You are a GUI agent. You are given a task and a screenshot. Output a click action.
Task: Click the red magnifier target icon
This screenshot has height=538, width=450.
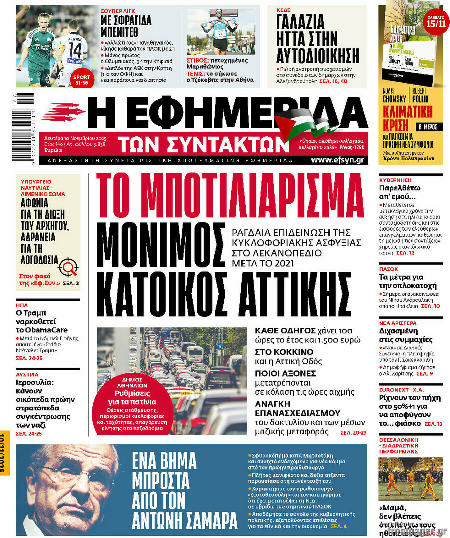pyautogui.click(x=68, y=268)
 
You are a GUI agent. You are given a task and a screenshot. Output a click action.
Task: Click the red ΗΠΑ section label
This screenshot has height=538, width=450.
pyautogui.click(x=22, y=305)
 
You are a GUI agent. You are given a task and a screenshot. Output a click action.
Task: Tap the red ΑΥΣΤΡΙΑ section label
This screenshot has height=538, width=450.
pyautogui.click(x=27, y=374)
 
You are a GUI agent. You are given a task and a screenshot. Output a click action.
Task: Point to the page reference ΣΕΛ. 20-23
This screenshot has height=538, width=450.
pyautogui.click(x=353, y=432)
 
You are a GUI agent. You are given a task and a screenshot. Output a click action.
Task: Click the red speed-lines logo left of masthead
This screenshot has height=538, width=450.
pyautogui.click(x=62, y=113)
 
